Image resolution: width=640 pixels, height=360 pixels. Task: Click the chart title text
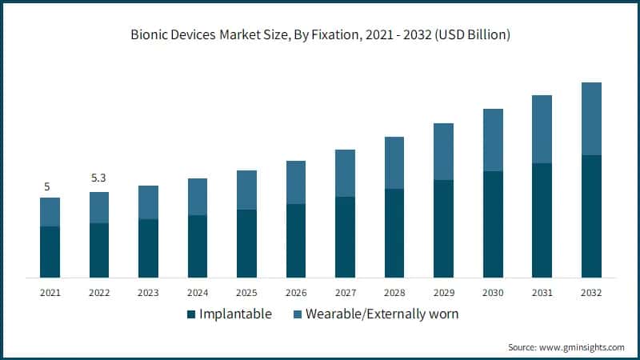tap(320, 35)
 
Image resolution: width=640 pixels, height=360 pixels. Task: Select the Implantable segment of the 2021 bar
tap(50, 251)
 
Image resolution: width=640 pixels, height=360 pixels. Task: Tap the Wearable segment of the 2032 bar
tap(591, 118)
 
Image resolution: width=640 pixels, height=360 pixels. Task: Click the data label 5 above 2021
tap(47, 186)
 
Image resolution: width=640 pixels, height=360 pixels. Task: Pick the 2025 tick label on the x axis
tap(246, 293)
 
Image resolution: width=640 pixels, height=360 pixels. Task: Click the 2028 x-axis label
tap(394, 293)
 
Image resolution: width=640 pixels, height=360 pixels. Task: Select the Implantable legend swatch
tap(191, 314)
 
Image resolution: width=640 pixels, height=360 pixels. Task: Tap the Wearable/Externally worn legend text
tap(382, 314)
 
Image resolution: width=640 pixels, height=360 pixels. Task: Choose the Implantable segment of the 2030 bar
tap(493, 224)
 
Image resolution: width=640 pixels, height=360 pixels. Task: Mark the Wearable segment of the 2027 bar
tap(345, 173)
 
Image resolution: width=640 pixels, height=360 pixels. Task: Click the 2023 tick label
tap(148, 293)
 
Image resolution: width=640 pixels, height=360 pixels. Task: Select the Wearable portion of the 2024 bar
tap(198, 197)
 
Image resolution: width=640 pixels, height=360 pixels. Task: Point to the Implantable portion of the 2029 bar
tap(443, 229)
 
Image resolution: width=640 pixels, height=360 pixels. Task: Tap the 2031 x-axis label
tap(542, 293)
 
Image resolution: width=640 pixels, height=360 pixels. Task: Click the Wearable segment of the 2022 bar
tap(99, 207)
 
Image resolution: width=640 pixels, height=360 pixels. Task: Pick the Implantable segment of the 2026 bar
tap(296, 241)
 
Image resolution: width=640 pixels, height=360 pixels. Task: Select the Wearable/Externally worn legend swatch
tap(298, 314)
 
